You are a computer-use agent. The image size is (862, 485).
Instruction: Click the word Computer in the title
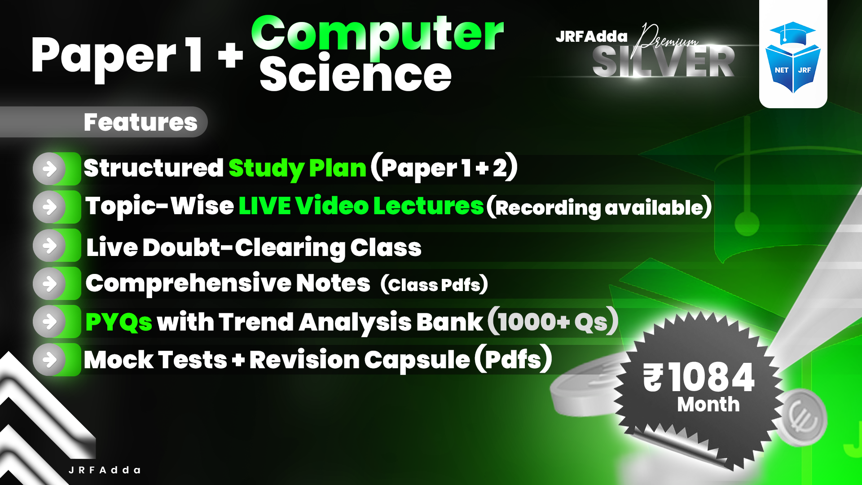coord(377,34)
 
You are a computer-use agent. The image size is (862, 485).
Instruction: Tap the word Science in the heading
coord(356,74)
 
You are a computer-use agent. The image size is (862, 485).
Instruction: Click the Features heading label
coord(140,122)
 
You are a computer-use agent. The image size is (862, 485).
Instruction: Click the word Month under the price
coord(708,405)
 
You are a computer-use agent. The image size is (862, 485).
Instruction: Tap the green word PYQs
coord(119,322)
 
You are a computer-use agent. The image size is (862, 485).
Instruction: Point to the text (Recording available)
coord(599,207)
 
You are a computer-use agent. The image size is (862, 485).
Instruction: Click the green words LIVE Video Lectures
coord(361,206)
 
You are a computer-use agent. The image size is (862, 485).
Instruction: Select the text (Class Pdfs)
coord(434,284)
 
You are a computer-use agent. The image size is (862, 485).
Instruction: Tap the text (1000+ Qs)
coord(553,322)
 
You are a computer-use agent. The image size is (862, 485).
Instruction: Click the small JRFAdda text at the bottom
coord(105,470)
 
